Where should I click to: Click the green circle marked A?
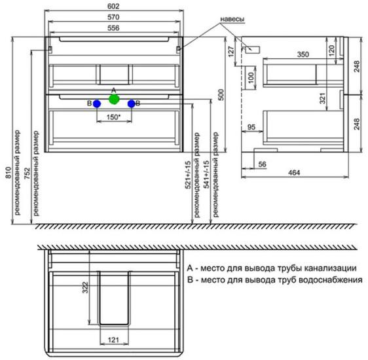(114, 99)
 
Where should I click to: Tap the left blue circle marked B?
(97, 104)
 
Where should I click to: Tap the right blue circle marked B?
(132, 104)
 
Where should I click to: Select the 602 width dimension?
(113, 7)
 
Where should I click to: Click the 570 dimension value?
(113, 17)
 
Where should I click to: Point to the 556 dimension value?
(113, 28)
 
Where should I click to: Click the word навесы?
(232, 19)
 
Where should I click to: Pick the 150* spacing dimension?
(113, 117)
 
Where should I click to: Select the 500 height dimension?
(221, 94)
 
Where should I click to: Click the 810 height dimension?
(9, 173)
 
